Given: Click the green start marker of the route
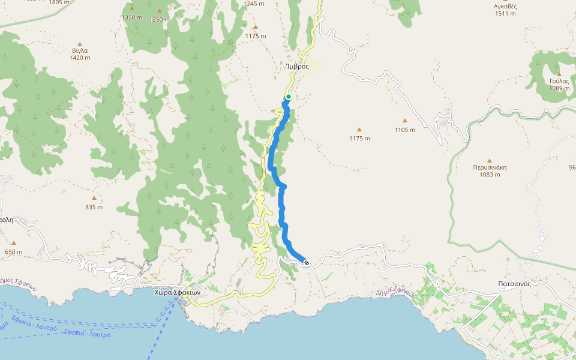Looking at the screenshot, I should coord(288,97).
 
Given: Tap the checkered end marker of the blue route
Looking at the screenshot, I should coord(307,263).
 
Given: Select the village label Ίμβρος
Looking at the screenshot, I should coord(298,67).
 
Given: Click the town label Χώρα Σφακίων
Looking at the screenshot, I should coord(176,292).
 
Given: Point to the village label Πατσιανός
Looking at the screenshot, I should coord(514,284).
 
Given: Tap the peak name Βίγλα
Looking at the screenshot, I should coord(80,50).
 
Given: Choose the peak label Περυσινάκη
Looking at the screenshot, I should coord(490,167).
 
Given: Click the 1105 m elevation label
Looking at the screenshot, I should coord(404,130).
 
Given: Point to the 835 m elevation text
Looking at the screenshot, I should coord(94,207).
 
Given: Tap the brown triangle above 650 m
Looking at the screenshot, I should coord(13,243).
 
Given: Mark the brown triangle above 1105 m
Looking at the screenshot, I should coord(404,121).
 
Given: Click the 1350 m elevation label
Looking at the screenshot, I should coord(131,18).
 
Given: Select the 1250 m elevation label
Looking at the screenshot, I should coord(160,19).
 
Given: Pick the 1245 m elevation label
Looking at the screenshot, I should coord(254,4).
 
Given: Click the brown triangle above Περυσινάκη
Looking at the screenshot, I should coord(490,160).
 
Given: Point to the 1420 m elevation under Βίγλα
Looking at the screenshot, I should coord(80,58).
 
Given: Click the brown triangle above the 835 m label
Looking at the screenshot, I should coord(94,198).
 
